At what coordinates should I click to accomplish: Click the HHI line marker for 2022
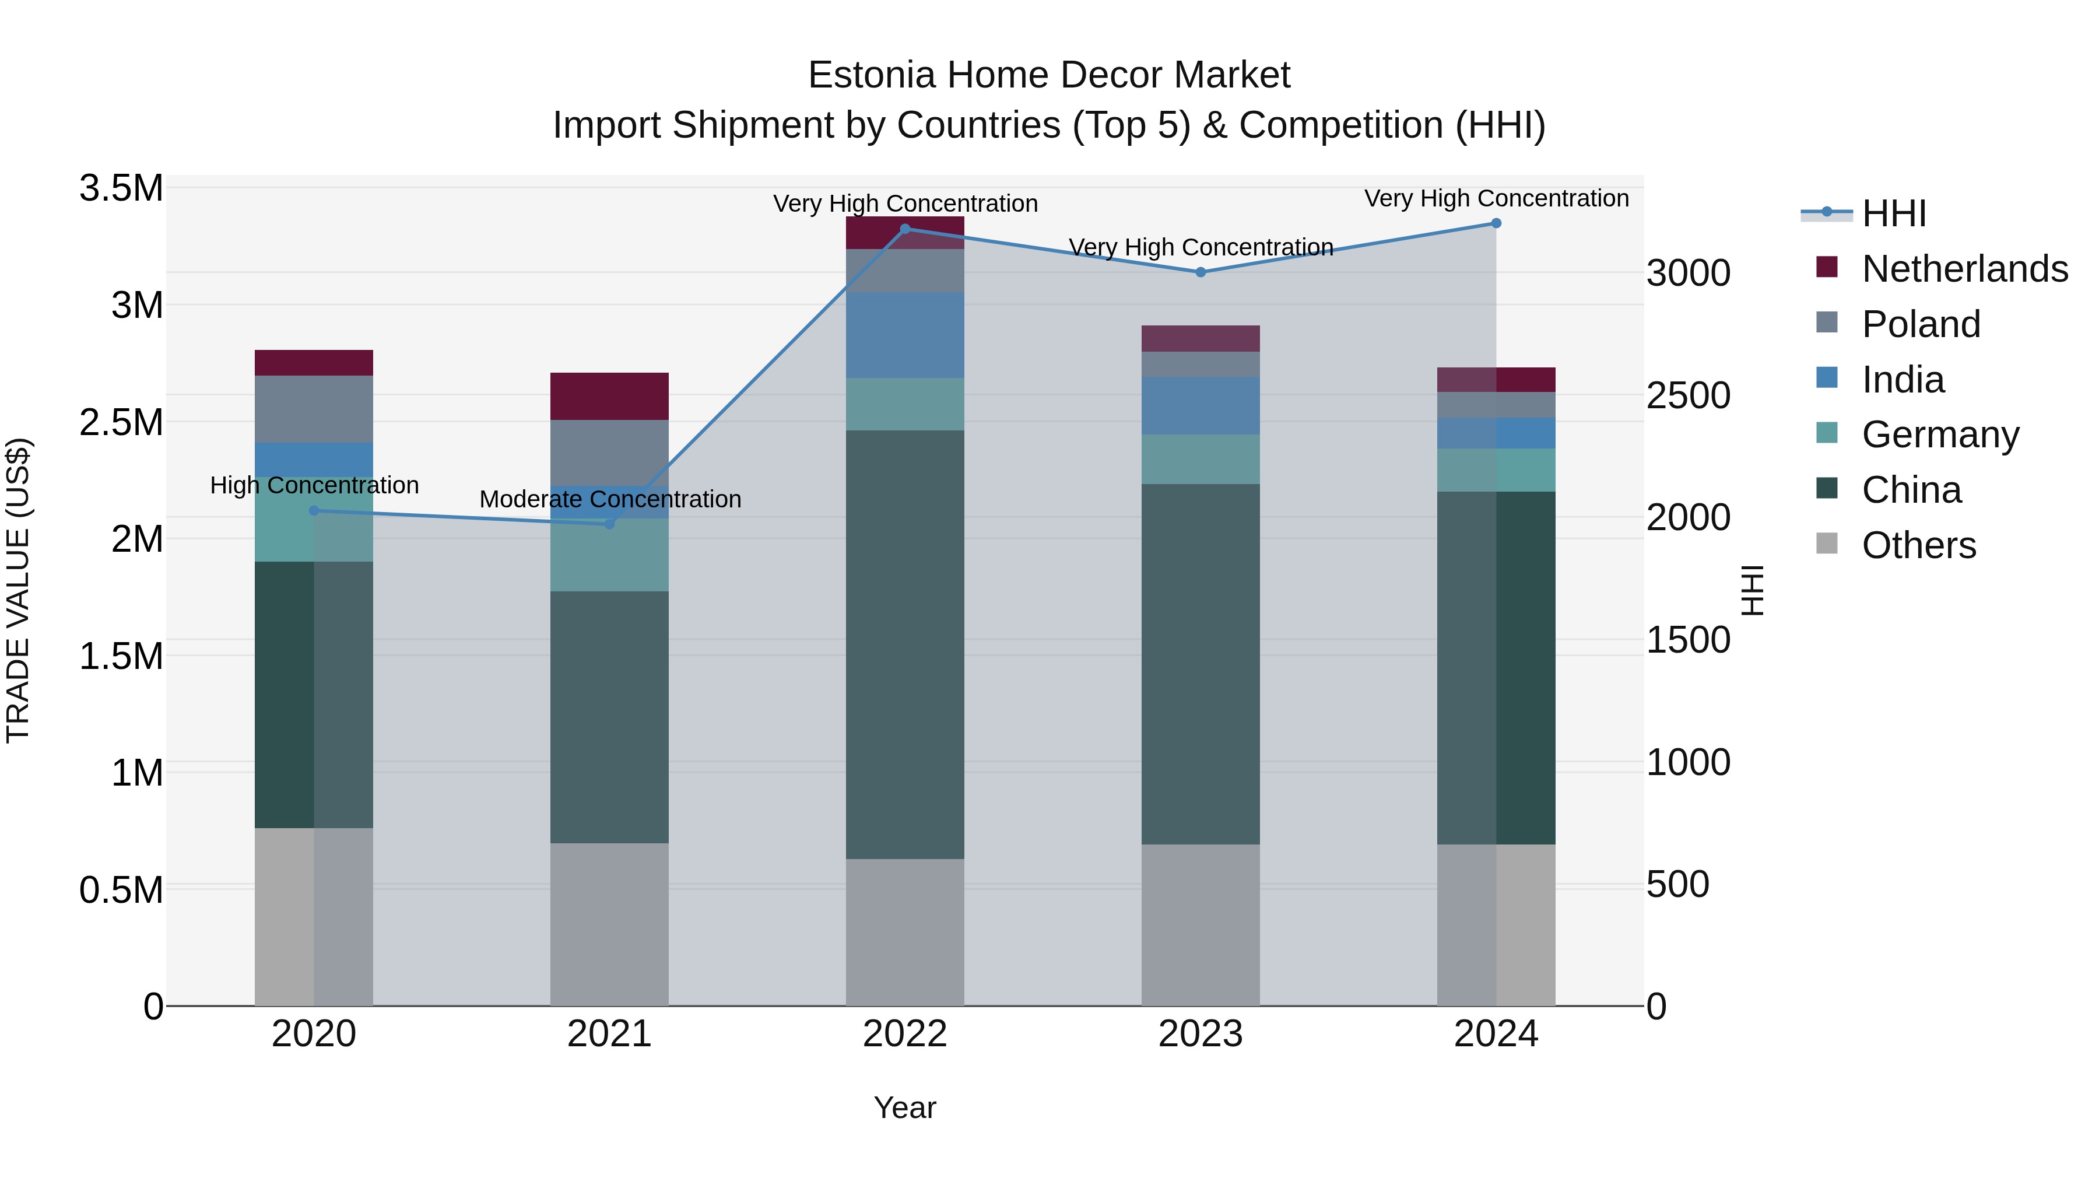[x=904, y=229]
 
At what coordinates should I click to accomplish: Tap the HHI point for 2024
[x=1496, y=223]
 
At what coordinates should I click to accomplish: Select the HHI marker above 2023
[x=1201, y=272]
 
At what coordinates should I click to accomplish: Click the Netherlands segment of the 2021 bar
[x=609, y=396]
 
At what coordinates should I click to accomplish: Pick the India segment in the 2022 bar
[x=904, y=335]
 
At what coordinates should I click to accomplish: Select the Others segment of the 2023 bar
[x=1201, y=924]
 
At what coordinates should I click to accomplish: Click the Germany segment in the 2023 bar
[x=1201, y=459]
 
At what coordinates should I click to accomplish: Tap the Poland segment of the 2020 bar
[x=314, y=409]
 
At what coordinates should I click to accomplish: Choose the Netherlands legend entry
[x=1964, y=269]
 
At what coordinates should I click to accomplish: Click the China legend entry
[x=1911, y=490]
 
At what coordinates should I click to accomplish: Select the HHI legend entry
[x=1893, y=213]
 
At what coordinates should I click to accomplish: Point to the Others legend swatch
[x=1827, y=544]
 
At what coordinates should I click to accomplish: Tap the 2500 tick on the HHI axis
[x=1687, y=395]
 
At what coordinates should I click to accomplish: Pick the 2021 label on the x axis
[x=609, y=1034]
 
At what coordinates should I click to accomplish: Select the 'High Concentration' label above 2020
[x=314, y=485]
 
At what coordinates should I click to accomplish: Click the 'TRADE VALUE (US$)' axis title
[x=18, y=590]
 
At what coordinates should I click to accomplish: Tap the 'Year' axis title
[x=904, y=1108]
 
